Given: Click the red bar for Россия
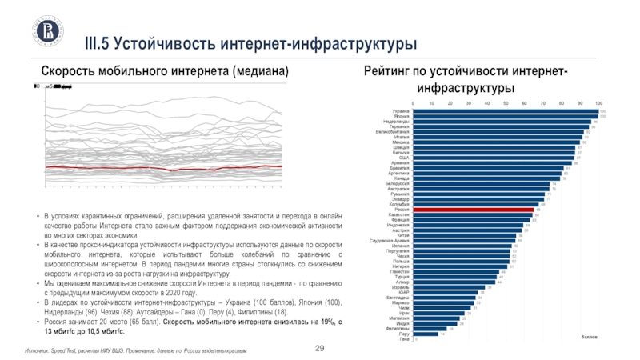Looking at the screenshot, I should click(472, 210).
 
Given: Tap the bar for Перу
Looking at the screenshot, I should click(424, 334).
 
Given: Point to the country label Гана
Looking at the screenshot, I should click(404, 339).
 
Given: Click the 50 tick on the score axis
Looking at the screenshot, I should click(506, 103).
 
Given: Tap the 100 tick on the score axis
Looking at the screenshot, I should click(599, 103).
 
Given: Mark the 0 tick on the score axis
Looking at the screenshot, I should click(413, 103).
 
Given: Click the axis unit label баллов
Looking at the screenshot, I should click(590, 338).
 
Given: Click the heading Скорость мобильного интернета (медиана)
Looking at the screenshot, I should click(164, 72).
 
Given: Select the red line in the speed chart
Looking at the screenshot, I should click(160, 168).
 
